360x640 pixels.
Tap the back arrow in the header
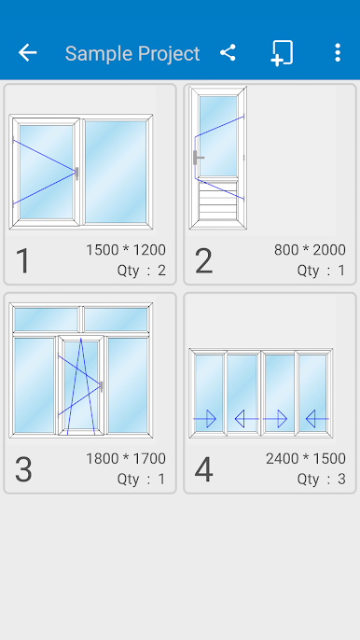27,53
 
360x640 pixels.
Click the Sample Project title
132,53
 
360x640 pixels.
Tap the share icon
228,52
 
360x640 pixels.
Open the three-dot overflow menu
337,52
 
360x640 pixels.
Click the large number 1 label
23,260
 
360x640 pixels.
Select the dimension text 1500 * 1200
126,250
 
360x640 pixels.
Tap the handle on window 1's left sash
76,174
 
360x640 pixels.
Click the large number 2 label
203,260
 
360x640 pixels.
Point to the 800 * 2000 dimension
310,250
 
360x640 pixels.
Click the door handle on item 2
198,157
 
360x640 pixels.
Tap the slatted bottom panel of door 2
217,201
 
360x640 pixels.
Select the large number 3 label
23,469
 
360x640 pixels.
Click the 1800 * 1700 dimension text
126,458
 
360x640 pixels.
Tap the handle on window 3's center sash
102,386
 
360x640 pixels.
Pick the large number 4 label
203,469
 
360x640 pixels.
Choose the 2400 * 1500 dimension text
306,458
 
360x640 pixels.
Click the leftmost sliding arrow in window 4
204,419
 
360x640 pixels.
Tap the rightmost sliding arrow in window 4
317,419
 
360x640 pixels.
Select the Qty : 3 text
321,479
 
